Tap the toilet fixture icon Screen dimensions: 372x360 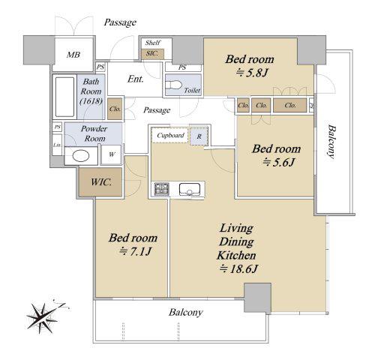coord(174,85)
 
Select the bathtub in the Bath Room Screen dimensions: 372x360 coord(64,97)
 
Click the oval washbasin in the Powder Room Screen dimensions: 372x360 coord(80,156)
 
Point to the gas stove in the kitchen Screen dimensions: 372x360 coord(162,189)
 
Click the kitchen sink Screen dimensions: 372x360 coord(190,189)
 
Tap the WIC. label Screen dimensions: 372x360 coord(101,182)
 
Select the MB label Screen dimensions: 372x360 coord(73,55)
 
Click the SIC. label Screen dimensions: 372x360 coord(151,53)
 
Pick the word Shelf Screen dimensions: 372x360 coord(153,43)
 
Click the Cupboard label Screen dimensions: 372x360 coord(170,135)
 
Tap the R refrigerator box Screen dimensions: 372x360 coord(199,136)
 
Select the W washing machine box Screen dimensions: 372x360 coord(112,154)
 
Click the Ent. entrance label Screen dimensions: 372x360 coord(136,79)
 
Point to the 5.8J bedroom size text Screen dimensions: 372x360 coord(252,73)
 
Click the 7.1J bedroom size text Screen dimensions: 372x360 coord(136,251)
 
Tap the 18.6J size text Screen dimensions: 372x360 coord(238,269)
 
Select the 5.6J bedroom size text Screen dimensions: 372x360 coord(279,163)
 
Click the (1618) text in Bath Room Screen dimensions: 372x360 coord(91,101)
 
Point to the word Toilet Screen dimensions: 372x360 coord(192,90)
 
